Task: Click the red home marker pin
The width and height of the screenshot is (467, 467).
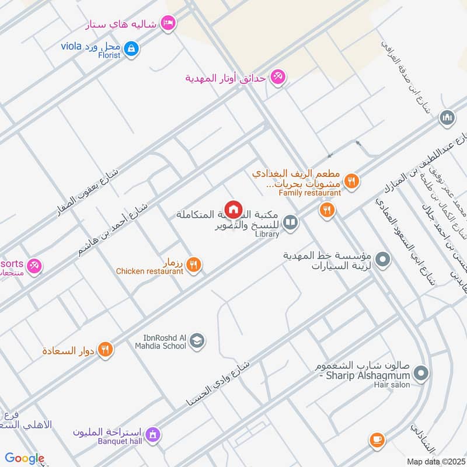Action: click(x=233, y=208)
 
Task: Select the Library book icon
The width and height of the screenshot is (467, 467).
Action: click(x=290, y=222)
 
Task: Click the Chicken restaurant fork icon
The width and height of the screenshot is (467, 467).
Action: click(x=195, y=264)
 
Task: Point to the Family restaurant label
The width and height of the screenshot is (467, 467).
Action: click(x=309, y=193)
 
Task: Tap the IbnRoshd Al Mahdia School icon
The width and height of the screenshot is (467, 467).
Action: click(x=197, y=340)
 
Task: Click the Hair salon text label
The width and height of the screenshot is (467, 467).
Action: click(x=398, y=384)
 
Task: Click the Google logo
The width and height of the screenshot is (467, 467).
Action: click(x=25, y=458)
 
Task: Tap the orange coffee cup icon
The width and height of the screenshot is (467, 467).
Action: click(x=377, y=440)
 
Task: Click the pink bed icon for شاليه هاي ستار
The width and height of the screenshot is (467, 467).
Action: click(x=169, y=23)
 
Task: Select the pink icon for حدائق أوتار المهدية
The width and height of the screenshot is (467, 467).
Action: click(x=278, y=78)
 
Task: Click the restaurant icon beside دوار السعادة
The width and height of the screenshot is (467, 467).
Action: click(x=105, y=350)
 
